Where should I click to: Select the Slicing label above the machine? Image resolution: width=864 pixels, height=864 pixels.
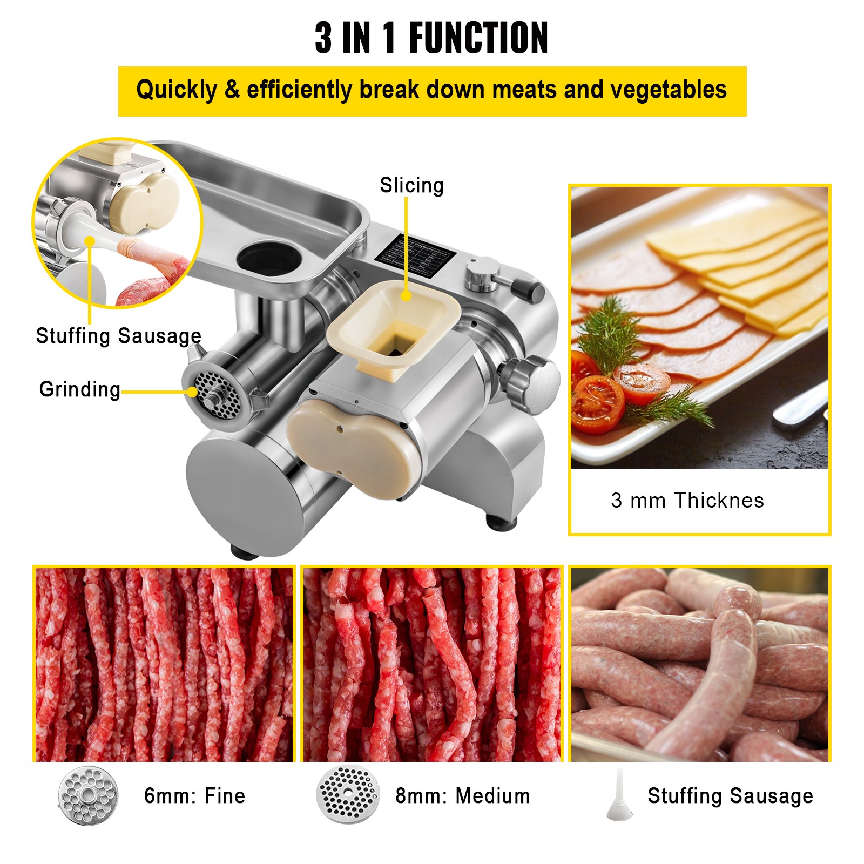point(411,185)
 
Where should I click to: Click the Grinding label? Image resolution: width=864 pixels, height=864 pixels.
point(80,389)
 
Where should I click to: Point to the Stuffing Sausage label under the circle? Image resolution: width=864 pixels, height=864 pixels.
point(118,336)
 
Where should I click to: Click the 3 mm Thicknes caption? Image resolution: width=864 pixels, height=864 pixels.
point(687,501)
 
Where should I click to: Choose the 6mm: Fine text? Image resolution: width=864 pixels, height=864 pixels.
point(194,796)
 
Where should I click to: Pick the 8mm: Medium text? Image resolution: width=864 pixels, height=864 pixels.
point(463,796)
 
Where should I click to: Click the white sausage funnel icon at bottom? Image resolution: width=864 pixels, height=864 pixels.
point(619,796)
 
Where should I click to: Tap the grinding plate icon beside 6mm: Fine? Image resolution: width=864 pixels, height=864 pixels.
point(87,796)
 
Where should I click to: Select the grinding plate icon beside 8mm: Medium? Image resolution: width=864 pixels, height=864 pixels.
point(347,794)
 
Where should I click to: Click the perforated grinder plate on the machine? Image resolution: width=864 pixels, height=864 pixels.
point(217,394)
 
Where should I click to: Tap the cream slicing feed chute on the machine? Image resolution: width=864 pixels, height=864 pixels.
point(394,324)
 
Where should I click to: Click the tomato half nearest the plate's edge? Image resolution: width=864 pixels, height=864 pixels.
point(597,405)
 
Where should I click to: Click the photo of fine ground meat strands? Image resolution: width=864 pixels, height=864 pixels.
point(164,664)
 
